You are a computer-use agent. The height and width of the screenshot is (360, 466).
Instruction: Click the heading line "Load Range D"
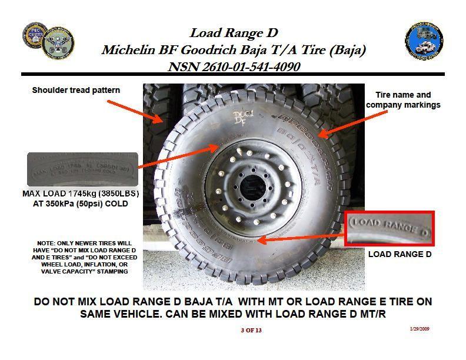click(x=233, y=33)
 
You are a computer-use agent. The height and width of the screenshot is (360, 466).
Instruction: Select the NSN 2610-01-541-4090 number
click(x=234, y=66)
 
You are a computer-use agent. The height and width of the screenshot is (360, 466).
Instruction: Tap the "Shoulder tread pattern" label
click(x=76, y=90)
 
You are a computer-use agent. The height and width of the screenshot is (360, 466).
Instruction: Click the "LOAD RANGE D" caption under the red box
click(x=400, y=254)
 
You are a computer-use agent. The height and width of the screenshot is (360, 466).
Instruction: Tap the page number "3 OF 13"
click(x=251, y=330)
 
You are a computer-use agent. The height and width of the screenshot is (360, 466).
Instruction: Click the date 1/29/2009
click(x=420, y=329)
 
